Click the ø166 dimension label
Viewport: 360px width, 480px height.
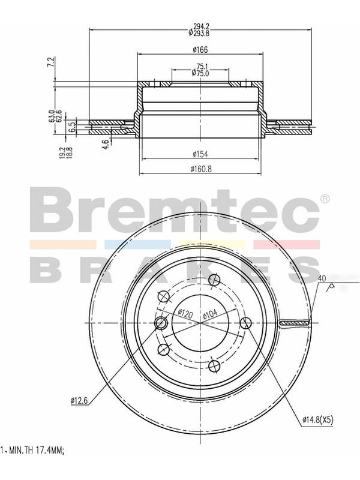click(x=200, y=49)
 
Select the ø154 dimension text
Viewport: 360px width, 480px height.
click(x=200, y=154)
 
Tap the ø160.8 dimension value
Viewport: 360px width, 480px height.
click(x=201, y=169)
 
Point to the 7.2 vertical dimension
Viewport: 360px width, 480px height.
click(x=52, y=62)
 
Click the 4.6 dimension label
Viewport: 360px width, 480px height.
click(x=106, y=143)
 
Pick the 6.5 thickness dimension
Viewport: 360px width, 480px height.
click(x=70, y=127)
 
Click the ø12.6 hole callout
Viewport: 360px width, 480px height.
click(x=79, y=400)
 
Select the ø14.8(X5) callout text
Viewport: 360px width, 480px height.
click(x=318, y=421)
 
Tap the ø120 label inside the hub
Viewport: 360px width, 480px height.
click(x=185, y=313)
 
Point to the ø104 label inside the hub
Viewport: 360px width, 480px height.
click(x=210, y=313)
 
